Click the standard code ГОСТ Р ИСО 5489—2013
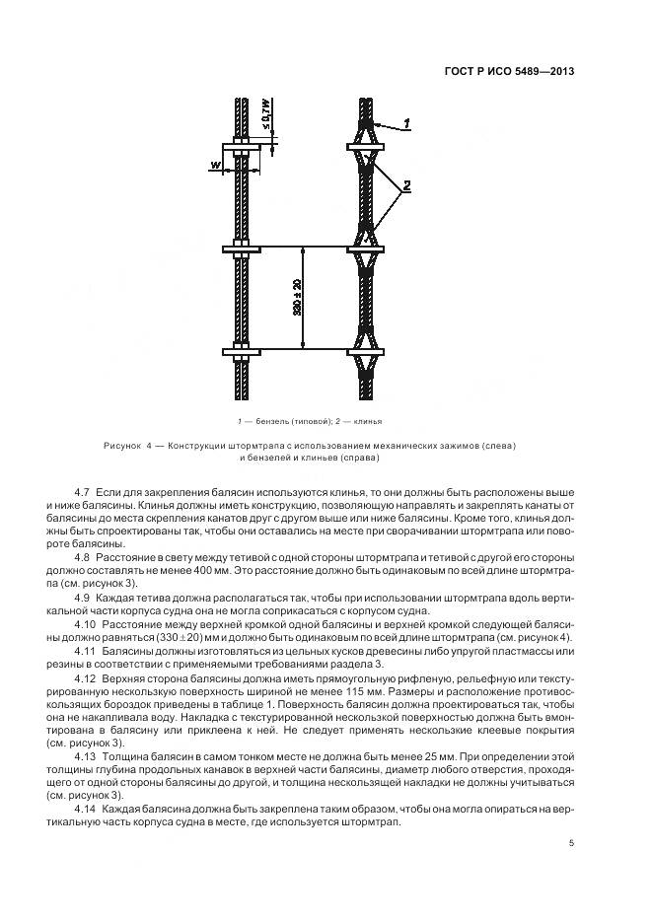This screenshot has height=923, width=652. pyautogui.click(x=511, y=71)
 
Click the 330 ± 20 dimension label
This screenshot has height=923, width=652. pyautogui.click(x=297, y=298)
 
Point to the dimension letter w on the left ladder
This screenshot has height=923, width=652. pyautogui.click(x=214, y=165)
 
